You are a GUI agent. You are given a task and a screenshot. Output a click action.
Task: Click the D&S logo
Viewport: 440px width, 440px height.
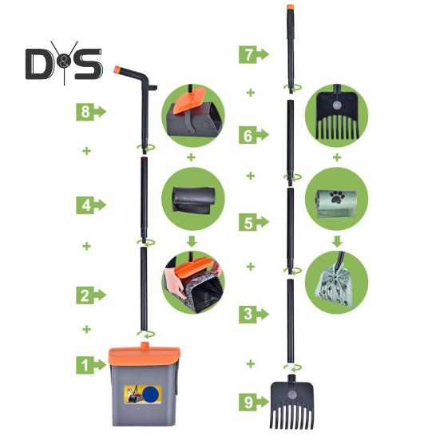(64, 63)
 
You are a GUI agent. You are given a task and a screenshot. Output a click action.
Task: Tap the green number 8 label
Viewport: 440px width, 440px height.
(91, 112)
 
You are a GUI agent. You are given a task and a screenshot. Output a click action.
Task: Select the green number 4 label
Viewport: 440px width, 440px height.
(91, 205)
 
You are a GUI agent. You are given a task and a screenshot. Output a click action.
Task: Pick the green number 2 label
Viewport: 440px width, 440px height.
(91, 295)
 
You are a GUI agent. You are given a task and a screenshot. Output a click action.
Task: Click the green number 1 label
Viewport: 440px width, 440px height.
(91, 365)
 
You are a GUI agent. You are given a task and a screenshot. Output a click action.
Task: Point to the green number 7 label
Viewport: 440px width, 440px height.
(254, 54)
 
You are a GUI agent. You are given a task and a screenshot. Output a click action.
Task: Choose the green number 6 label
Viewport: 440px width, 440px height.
(254, 135)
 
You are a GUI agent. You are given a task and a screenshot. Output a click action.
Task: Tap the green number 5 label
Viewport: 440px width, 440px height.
(254, 222)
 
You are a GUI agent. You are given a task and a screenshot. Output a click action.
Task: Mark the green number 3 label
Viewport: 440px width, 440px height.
(254, 314)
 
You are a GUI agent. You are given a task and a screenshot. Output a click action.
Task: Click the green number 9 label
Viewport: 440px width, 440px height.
(254, 402)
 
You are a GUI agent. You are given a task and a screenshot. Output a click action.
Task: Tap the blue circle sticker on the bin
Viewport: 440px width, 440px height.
(152, 394)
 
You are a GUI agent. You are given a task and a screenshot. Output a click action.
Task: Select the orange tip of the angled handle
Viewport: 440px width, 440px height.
(117, 69)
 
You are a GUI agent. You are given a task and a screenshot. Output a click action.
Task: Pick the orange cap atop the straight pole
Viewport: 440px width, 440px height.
(290, 6)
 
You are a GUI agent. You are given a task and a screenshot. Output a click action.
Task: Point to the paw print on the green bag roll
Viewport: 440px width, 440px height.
(337, 196)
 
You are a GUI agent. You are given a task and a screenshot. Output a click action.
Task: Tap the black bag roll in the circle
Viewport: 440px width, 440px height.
(193, 200)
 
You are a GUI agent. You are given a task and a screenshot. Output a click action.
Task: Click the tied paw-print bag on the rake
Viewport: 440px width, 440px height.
(333, 286)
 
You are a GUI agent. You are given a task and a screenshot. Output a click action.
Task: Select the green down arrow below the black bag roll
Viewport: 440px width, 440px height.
(192, 241)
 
